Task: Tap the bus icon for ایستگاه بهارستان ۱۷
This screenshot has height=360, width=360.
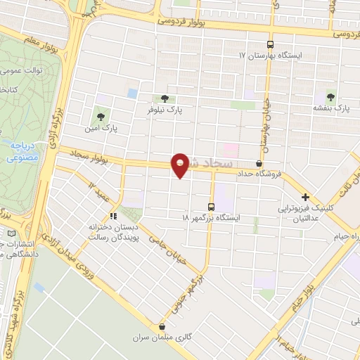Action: tap(271, 43)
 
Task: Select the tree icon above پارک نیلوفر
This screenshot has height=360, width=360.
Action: tap(164, 99)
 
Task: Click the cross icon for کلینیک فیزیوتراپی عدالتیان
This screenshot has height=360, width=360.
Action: tap(305, 198)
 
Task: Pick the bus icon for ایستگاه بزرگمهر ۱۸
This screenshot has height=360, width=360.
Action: tap(212, 207)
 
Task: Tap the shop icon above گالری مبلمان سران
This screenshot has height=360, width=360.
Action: tap(163, 326)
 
